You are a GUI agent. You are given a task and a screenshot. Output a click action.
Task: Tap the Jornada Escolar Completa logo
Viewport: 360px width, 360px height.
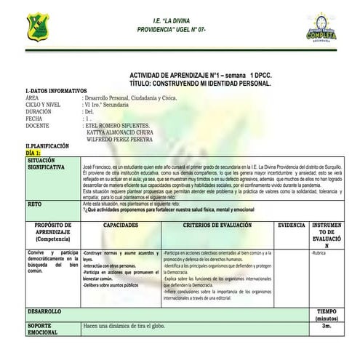pos(321,27)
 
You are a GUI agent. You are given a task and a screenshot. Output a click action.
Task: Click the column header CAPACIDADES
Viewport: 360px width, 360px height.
pos(121,225)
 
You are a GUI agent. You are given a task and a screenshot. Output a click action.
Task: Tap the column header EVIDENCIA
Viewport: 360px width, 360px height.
pos(292,225)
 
